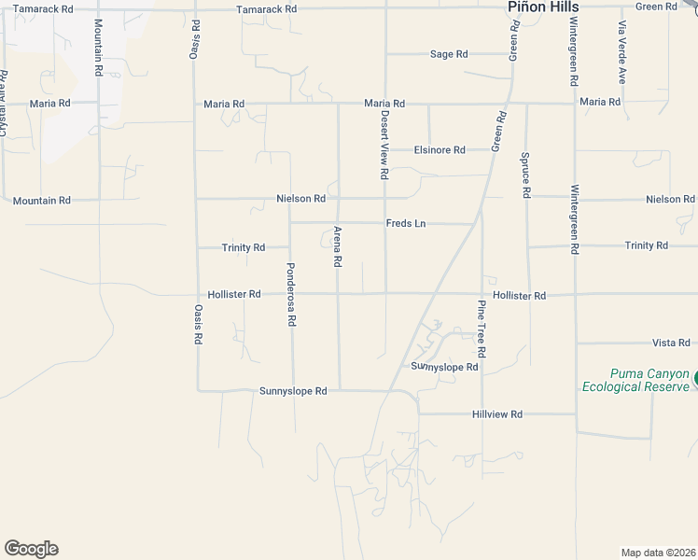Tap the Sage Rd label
click(449, 54)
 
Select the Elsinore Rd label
click(440, 149)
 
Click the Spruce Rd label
click(526, 175)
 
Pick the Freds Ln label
click(406, 224)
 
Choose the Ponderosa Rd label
click(290, 293)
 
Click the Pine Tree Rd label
click(482, 329)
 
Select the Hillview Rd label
click(497, 413)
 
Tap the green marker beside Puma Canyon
click(695, 378)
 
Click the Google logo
click(31, 549)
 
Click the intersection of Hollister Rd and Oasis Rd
click(196, 294)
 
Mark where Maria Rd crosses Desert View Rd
click(385, 104)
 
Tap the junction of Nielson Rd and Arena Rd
click(338, 199)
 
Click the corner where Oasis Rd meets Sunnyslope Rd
click(197, 390)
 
